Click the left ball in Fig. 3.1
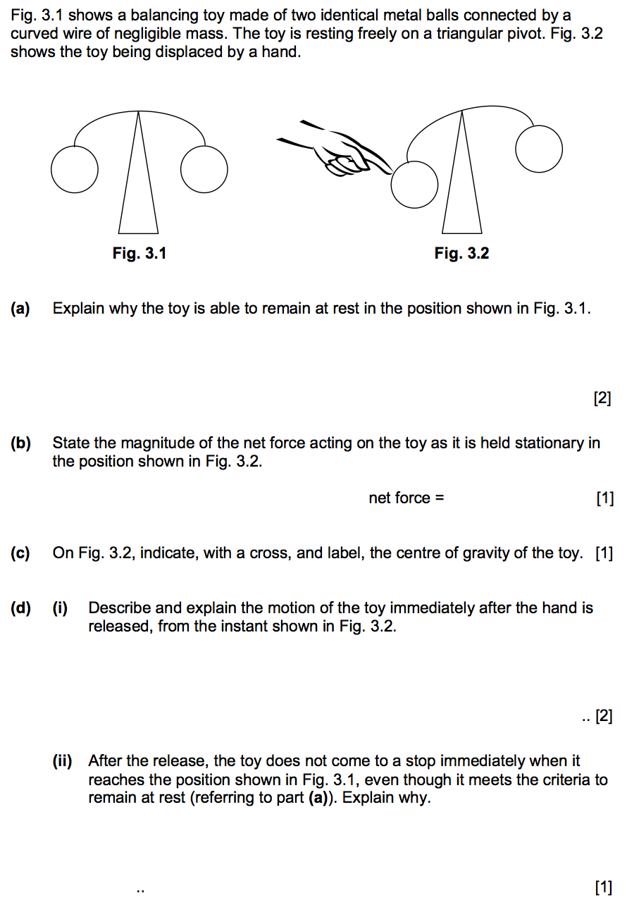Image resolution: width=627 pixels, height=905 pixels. [x=74, y=170]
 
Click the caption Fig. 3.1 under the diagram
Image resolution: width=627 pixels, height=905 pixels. [x=139, y=254]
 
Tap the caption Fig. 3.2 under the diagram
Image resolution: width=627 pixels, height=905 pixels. [x=461, y=254]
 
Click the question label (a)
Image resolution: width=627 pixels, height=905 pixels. [x=20, y=309]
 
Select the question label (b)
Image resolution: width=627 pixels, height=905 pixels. [x=20, y=443]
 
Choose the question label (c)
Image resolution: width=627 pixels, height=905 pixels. [x=20, y=553]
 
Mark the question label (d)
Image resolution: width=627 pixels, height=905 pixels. [x=20, y=608]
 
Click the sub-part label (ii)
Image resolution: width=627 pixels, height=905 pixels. [x=62, y=761]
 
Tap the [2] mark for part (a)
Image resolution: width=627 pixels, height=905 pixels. [x=602, y=399]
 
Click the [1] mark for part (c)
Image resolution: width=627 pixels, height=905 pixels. [x=604, y=553]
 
